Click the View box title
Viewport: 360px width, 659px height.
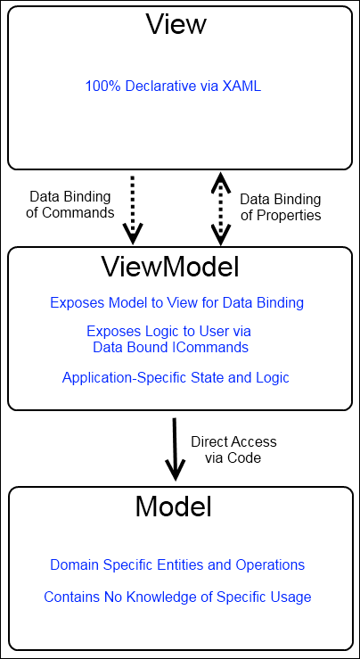pos(176,24)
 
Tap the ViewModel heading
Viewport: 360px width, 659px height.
pos(169,266)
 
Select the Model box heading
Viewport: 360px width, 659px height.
pos(173,507)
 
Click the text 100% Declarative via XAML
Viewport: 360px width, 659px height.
pos(173,86)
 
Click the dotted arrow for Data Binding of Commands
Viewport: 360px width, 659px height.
pos(133,210)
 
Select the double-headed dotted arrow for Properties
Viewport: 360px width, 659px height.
pos(220,209)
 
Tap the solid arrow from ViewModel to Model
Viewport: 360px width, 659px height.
pos(175,449)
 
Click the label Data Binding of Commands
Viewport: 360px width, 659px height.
pos(70,205)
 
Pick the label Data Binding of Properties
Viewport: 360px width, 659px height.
pos(281,207)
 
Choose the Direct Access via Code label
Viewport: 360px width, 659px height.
pos(233,449)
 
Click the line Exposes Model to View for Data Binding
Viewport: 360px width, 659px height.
pos(176,302)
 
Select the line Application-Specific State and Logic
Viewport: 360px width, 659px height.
pos(176,377)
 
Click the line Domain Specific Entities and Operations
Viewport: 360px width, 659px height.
pos(177,564)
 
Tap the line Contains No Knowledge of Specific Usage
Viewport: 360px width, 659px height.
pos(177,597)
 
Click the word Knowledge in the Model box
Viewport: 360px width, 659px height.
pos(168,597)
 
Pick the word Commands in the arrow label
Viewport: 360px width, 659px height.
pos(78,212)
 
